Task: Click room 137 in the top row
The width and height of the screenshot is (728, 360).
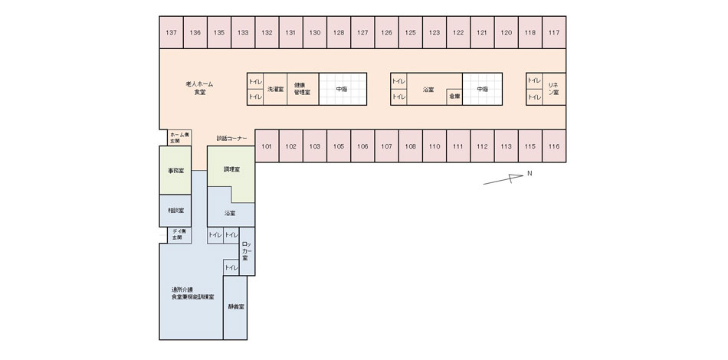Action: coord(171,32)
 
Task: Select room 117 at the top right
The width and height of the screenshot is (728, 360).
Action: coord(554,32)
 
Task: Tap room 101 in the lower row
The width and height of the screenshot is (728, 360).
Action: coord(267,146)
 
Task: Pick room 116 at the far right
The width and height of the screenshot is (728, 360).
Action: coord(554,146)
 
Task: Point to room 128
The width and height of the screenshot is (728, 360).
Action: coord(339,32)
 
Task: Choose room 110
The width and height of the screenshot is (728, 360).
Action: coord(434,146)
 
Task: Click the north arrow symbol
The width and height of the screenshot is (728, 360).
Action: coord(504,179)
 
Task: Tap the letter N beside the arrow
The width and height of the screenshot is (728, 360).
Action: coord(529,174)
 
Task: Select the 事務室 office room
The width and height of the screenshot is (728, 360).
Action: coord(175,170)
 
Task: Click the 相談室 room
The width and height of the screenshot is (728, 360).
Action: coord(175,209)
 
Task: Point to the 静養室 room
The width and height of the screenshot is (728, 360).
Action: coord(235,306)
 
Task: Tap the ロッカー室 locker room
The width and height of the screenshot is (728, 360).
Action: coord(246,251)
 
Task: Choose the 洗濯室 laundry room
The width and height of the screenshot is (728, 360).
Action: coord(275,90)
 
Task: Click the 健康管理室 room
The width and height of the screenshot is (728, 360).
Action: coord(301,89)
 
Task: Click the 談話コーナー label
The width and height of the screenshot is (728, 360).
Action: coord(231,138)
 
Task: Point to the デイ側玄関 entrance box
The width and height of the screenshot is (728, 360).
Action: coord(175,235)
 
